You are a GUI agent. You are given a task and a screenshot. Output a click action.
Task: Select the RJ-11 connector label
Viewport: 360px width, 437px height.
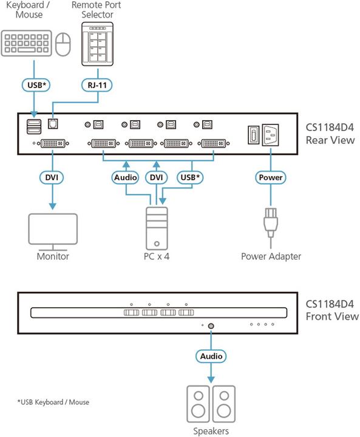pyautogui.click(x=98, y=85)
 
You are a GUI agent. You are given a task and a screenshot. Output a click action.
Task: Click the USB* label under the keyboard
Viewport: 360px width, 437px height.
pyautogui.click(x=36, y=85)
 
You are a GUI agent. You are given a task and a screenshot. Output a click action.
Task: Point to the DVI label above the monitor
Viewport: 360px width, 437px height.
pyautogui.click(x=51, y=177)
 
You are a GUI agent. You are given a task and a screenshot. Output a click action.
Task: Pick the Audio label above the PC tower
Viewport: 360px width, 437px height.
pyautogui.click(x=126, y=177)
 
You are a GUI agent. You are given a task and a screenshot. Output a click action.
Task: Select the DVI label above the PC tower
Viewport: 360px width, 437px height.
pyautogui.click(x=157, y=177)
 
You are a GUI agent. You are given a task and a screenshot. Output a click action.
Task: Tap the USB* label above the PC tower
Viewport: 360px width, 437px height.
pyautogui.click(x=189, y=177)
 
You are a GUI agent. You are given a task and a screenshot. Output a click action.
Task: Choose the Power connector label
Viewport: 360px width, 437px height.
pyautogui.click(x=271, y=177)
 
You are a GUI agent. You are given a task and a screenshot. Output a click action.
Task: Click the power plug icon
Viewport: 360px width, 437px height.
pyautogui.click(x=271, y=225)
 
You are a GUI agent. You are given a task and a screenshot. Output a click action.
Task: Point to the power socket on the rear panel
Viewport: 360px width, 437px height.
pyautogui.click(x=271, y=135)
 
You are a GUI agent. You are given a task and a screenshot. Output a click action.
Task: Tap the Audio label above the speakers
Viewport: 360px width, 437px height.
pyautogui.click(x=210, y=356)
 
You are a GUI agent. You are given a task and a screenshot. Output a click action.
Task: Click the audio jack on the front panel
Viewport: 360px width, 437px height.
pyautogui.click(x=210, y=325)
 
